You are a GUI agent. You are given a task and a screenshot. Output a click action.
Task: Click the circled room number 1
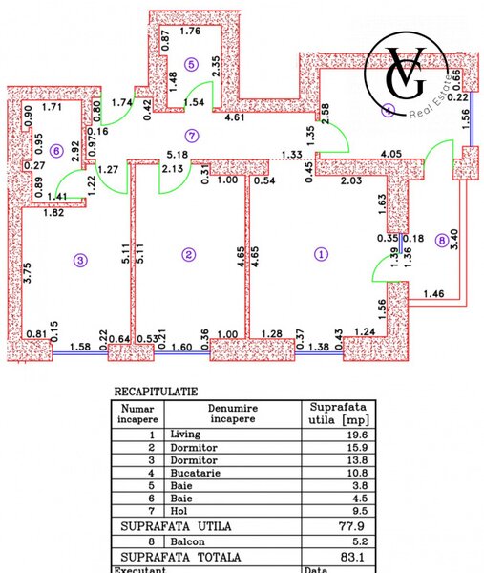[321, 254]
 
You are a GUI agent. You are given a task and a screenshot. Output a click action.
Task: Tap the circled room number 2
[189, 254]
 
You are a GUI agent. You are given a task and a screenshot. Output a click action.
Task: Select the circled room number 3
[81, 259]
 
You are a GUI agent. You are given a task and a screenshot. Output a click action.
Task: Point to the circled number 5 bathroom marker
[192, 64]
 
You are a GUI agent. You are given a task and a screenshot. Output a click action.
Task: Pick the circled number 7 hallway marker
[192, 135]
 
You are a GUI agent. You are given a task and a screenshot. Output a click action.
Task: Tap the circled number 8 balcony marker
[439, 241]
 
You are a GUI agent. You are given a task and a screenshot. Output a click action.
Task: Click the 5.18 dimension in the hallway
[174, 153]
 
